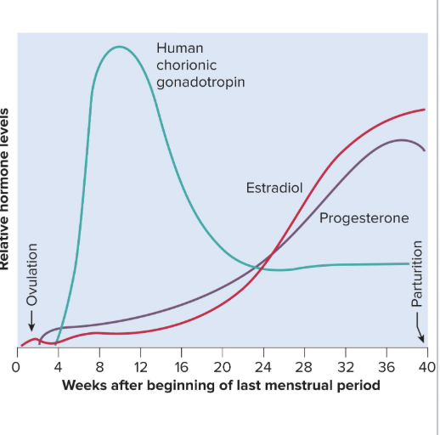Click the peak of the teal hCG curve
click(x=118, y=47)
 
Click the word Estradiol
click(x=274, y=187)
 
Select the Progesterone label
click(x=364, y=218)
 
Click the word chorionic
click(x=187, y=65)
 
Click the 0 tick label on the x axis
click(x=15, y=368)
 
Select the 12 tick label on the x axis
click(x=139, y=368)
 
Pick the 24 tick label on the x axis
click(x=263, y=368)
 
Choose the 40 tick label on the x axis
click(x=426, y=368)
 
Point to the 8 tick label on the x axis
click(x=99, y=368)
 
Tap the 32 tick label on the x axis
click(x=346, y=368)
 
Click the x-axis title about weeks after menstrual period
click(x=221, y=386)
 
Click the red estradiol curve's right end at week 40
click(x=425, y=110)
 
